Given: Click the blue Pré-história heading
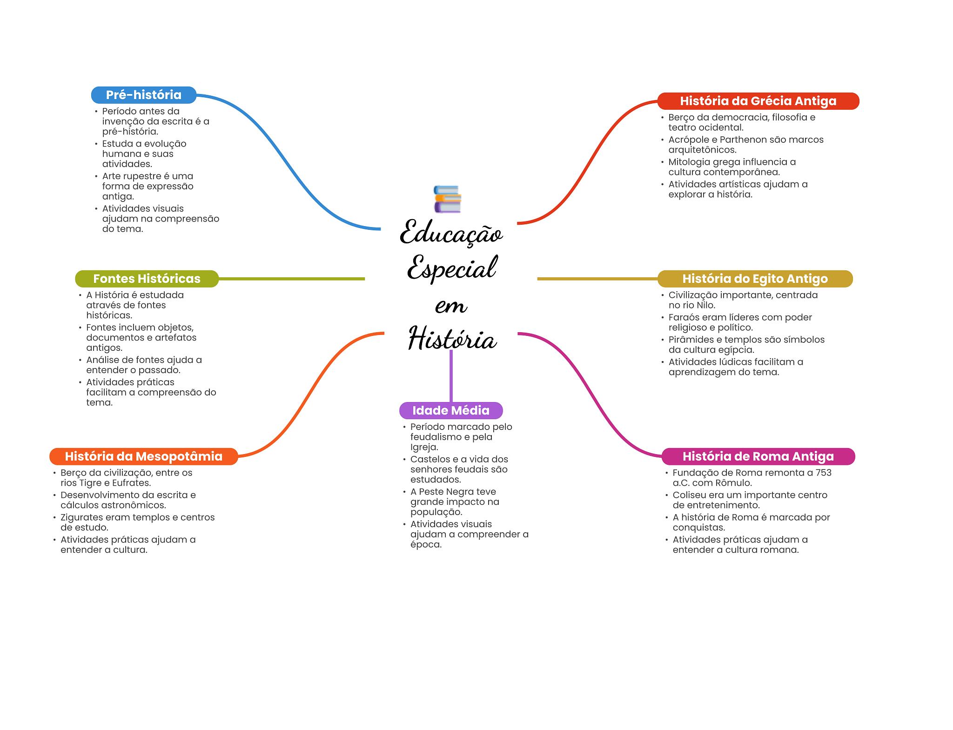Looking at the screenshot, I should (x=143, y=95).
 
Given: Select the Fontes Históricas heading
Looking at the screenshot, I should (x=147, y=279).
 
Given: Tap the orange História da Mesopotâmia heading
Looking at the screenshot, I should (x=143, y=456).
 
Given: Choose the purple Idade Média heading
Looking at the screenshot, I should (x=450, y=410).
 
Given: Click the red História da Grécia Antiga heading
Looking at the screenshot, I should (x=758, y=101).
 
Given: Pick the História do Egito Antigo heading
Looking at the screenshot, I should (x=755, y=279).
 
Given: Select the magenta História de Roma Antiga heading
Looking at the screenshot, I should (x=758, y=456).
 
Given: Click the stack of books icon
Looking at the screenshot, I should (x=447, y=199).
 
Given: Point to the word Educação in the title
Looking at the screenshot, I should (x=451, y=233).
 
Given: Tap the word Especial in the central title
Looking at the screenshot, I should (x=452, y=268).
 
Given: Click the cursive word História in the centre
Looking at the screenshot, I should (x=452, y=338).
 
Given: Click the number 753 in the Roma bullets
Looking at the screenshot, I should (x=823, y=473).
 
